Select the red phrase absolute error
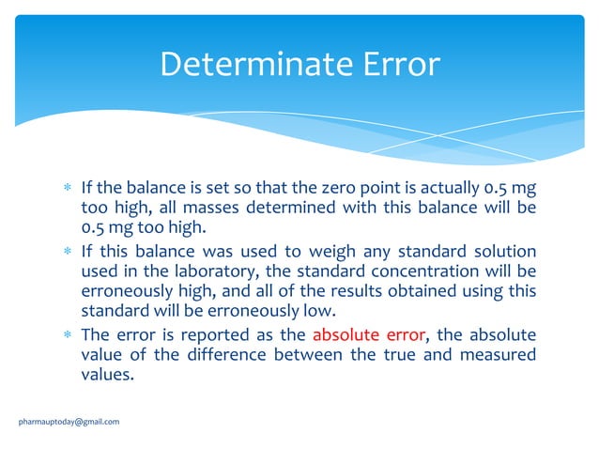point(368,333)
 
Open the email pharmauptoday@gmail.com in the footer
point(69,422)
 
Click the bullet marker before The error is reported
point(67,334)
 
